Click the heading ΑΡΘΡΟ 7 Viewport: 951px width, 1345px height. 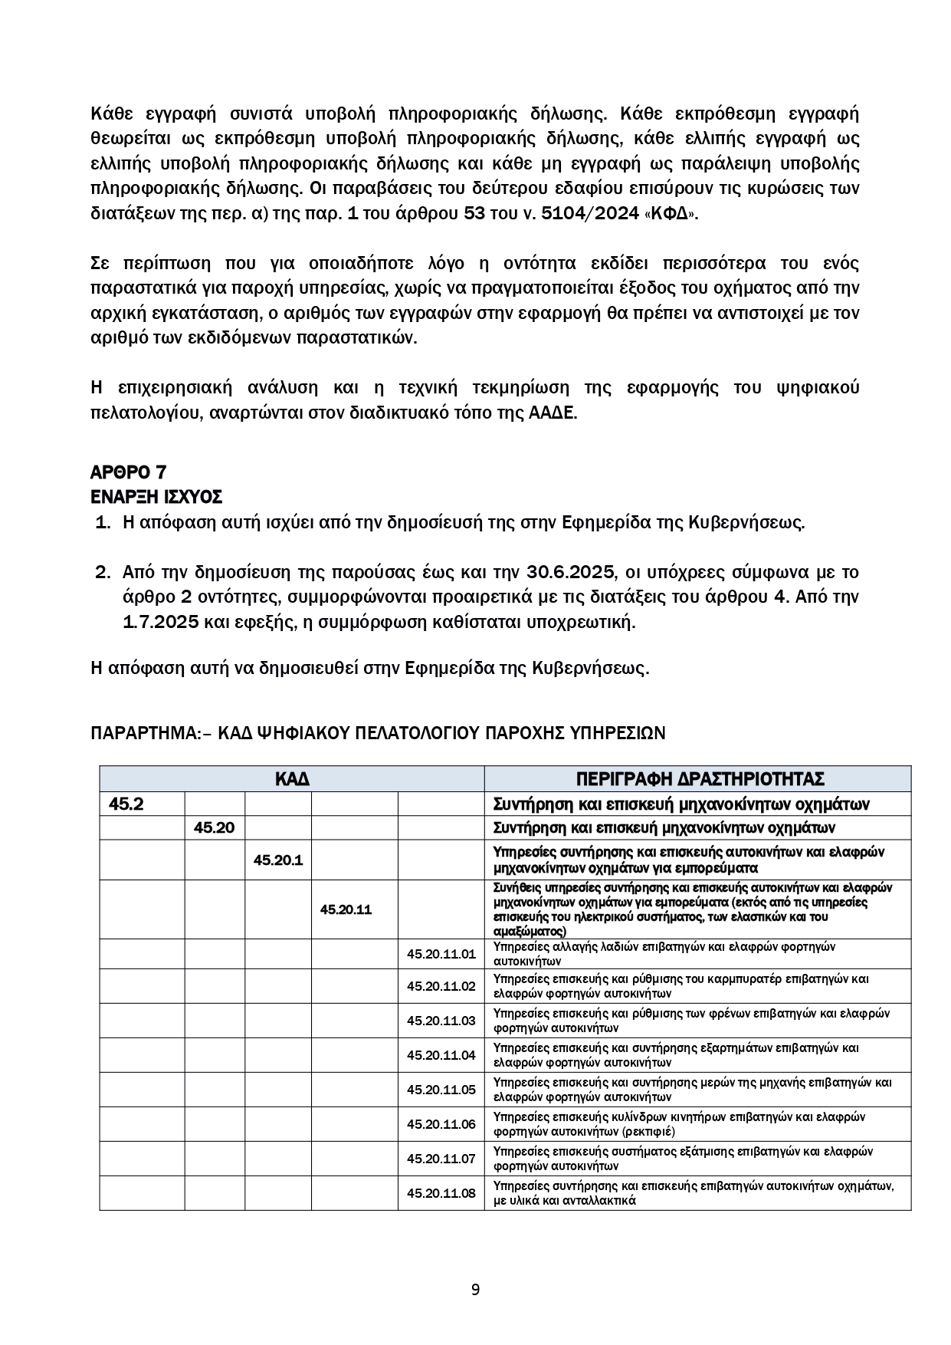point(129,472)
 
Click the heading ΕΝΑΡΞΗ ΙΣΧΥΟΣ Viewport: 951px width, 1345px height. point(156,497)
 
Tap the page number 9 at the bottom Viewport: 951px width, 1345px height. point(475,1289)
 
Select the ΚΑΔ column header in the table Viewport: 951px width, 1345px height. point(292,779)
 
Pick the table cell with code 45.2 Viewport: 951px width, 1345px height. point(126,804)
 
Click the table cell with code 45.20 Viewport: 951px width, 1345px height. point(214,827)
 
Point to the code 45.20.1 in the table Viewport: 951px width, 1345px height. point(278,860)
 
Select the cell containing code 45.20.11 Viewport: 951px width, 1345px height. point(346,909)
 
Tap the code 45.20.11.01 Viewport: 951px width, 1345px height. point(441,954)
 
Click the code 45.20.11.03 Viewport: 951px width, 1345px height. point(441,1021)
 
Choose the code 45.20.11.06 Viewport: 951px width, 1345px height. point(441,1124)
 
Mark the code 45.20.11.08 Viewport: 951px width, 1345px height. point(441,1193)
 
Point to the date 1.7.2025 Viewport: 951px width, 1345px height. point(162,622)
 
